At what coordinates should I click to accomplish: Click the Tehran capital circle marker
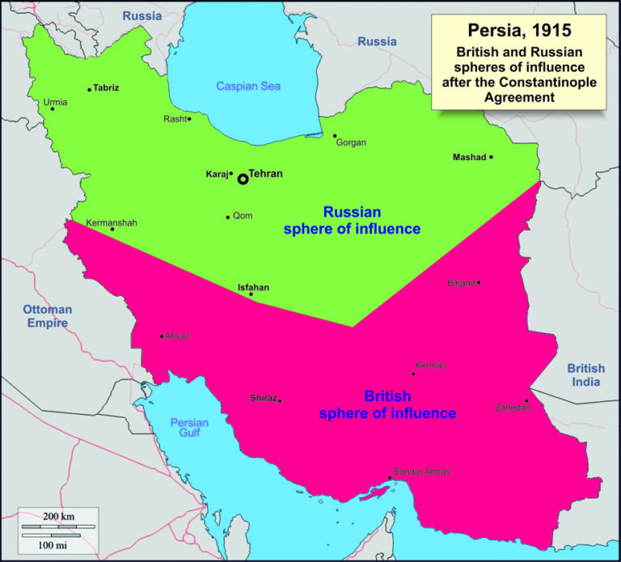[x=243, y=179]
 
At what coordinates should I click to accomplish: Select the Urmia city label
[x=56, y=102]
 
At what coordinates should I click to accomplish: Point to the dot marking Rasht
[x=189, y=119]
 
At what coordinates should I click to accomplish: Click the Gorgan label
[x=351, y=142]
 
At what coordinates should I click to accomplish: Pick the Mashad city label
[x=469, y=157]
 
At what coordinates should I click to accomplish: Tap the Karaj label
[x=216, y=174]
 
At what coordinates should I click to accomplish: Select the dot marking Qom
[x=228, y=217]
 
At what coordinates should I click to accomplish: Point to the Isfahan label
[x=253, y=287]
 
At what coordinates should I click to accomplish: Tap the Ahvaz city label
[x=177, y=336]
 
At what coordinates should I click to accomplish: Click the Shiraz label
[x=264, y=397]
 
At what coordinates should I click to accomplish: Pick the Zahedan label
[x=513, y=408]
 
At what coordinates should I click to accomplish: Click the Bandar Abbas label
[x=420, y=471]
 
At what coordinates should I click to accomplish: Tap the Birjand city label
[x=462, y=283]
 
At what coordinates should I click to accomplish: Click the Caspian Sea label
[x=247, y=87]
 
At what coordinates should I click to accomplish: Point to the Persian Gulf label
[x=189, y=428]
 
